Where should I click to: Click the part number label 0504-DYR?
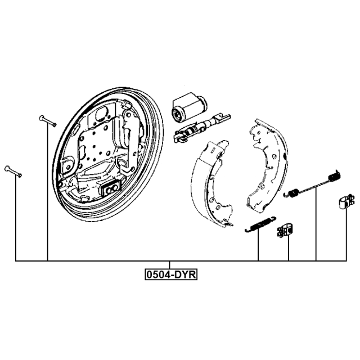point(171,274)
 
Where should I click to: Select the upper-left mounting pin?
point(48,121)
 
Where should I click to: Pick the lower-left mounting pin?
point(13,172)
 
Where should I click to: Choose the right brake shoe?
point(268,165)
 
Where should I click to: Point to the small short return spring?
point(260,224)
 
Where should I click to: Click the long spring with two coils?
point(312,184)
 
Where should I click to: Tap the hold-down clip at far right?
point(346,201)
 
